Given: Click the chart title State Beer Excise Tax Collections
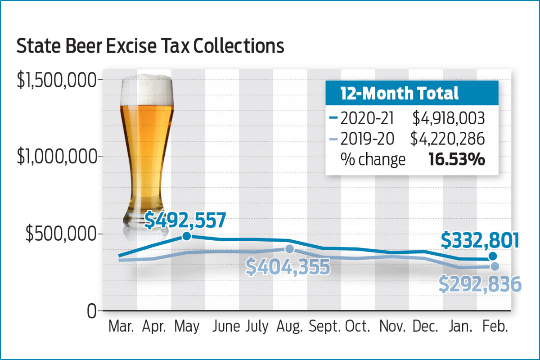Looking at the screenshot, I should click(x=150, y=46).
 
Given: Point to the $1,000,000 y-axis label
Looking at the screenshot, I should click(x=56, y=157).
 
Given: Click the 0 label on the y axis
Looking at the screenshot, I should click(x=91, y=311).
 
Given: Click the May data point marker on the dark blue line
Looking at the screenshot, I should click(x=187, y=236).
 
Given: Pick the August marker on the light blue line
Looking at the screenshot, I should click(x=289, y=249).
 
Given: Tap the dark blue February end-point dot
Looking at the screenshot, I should click(x=494, y=256).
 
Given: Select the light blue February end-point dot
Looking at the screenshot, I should click(x=494, y=266).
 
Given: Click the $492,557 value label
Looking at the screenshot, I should click(x=184, y=220).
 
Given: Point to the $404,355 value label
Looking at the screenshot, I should click(x=288, y=267).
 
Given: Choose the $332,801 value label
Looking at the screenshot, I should click(x=479, y=241).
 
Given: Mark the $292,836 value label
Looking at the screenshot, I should click(x=480, y=285).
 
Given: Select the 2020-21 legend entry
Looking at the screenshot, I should click(x=363, y=118).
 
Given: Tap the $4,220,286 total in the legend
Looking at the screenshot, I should click(x=447, y=139).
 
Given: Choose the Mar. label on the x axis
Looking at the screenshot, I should click(x=121, y=327).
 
